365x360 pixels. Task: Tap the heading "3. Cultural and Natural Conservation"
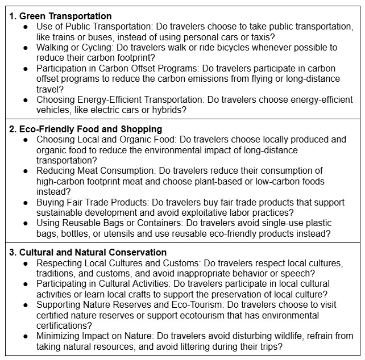(x=89, y=252)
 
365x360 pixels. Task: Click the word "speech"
(x=287, y=273)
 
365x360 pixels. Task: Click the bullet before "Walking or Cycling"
(x=25, y=47)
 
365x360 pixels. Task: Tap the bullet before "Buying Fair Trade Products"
(x=25, y=202)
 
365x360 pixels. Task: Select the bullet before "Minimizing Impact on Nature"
(x=25, y=336)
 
